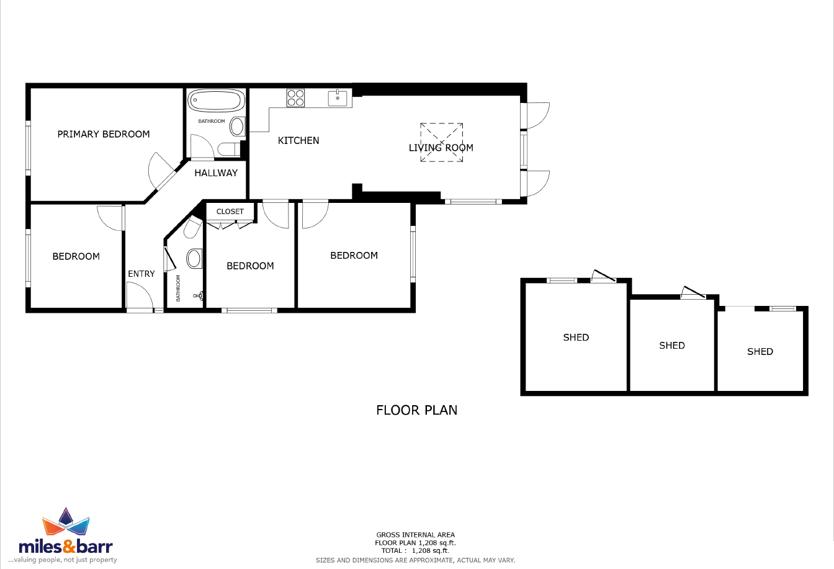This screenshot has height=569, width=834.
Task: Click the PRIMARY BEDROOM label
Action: point(104,134)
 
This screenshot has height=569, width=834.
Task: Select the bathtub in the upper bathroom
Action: point(216,100)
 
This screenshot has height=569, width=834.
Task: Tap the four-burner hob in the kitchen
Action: point(295,98)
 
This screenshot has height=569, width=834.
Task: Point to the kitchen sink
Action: point(338,98)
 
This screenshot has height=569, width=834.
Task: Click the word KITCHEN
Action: point(298,141)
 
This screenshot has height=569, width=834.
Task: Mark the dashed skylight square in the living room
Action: point(441,142)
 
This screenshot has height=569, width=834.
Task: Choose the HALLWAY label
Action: point(216,173)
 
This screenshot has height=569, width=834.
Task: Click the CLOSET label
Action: point(230,212)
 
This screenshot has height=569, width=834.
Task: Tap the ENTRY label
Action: point(141,274)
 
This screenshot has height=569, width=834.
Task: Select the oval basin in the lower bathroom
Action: point(194,258)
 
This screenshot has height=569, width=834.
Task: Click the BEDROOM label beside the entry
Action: point(76,256)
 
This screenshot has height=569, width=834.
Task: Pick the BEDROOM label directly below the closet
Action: point(250,266)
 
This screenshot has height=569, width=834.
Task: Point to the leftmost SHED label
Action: point(576,338)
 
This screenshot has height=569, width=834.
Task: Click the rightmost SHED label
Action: point(760,352)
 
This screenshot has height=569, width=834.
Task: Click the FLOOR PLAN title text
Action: point(416,410)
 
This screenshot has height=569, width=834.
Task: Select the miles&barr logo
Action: point(66,535)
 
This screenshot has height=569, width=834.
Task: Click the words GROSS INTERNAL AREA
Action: point(415,535)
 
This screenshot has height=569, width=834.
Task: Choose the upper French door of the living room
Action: point(536,114)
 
